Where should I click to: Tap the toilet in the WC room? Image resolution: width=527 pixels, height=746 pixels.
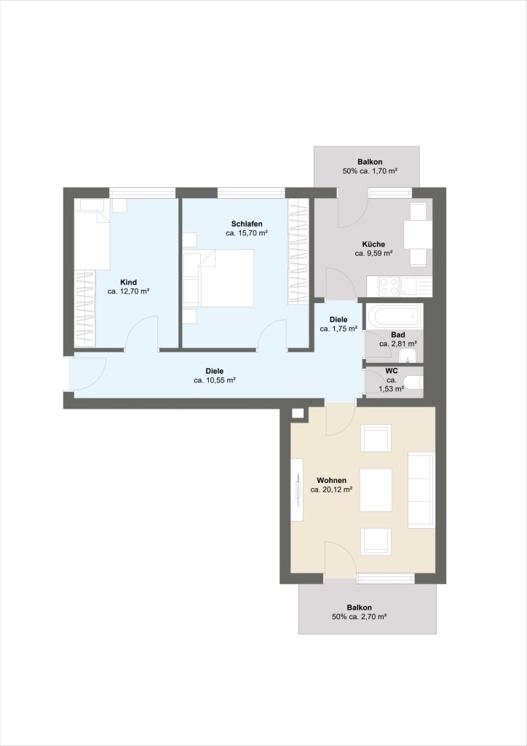[413, 382]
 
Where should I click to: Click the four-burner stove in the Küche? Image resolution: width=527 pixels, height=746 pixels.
[389, 286]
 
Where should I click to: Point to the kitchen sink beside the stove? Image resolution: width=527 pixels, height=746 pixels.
[416, 286]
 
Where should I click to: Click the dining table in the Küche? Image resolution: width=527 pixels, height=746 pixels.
[418, 234]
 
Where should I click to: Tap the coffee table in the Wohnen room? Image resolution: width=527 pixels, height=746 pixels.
[376, 490]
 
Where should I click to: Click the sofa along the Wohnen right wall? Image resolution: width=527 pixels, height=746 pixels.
[421, 490]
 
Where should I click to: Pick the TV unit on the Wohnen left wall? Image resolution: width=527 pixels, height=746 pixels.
[297, 490]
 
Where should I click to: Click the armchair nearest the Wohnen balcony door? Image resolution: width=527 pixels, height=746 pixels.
[376, 541]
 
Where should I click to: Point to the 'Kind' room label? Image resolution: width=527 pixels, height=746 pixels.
[128, 282]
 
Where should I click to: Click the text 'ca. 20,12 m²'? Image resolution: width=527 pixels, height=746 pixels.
[331, 489]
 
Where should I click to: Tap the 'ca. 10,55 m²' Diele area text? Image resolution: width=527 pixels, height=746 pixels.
[215, 380]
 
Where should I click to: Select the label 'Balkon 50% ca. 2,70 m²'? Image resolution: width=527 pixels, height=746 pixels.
[360, 612]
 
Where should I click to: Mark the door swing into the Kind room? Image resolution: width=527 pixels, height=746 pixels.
[142, 332]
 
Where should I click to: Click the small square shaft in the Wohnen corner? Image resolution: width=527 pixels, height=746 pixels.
[298, 413]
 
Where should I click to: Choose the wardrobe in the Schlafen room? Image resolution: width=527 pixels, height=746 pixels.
[298, 251]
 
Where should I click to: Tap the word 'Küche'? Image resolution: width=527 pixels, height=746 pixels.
[373, 244]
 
